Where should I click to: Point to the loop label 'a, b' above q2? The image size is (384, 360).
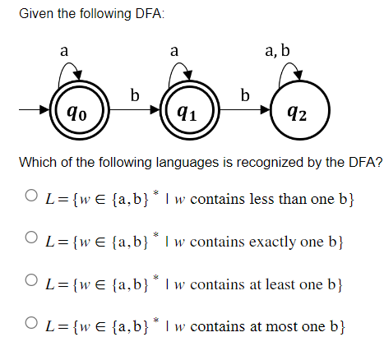pyautogui.click(x=278, y=51)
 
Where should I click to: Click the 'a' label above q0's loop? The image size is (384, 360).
pyautogui.click(x=63, y=51)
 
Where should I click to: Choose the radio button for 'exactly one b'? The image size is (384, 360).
pyautogui.click(x=30, y=242)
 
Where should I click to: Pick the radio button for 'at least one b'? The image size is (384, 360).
pyautogui.click(x=30, y=284)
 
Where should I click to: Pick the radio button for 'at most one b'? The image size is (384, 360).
pyautogui.click(x=30, y=325)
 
